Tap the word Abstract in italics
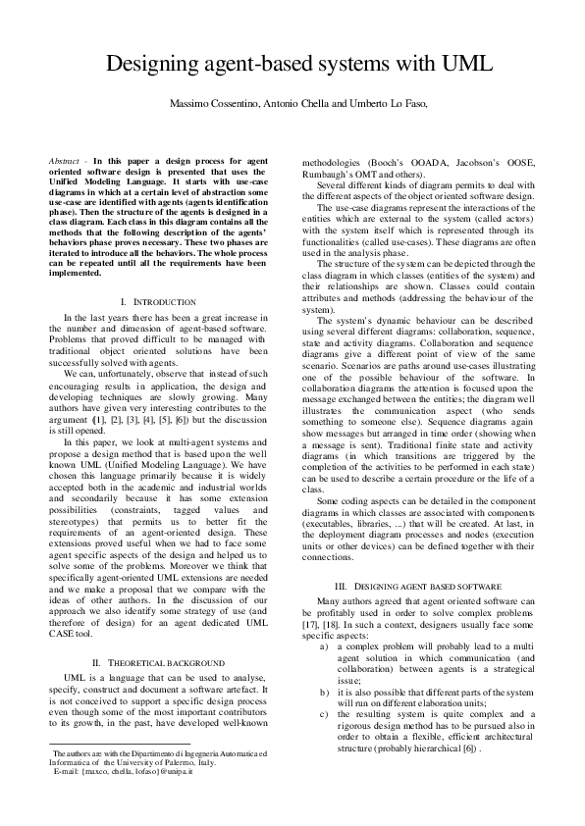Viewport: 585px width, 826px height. (65, 159)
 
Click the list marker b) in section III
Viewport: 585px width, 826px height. (325, 693)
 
